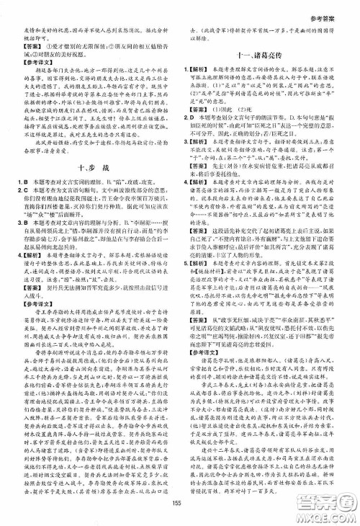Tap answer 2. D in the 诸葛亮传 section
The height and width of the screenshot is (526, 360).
click(192, 134)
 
